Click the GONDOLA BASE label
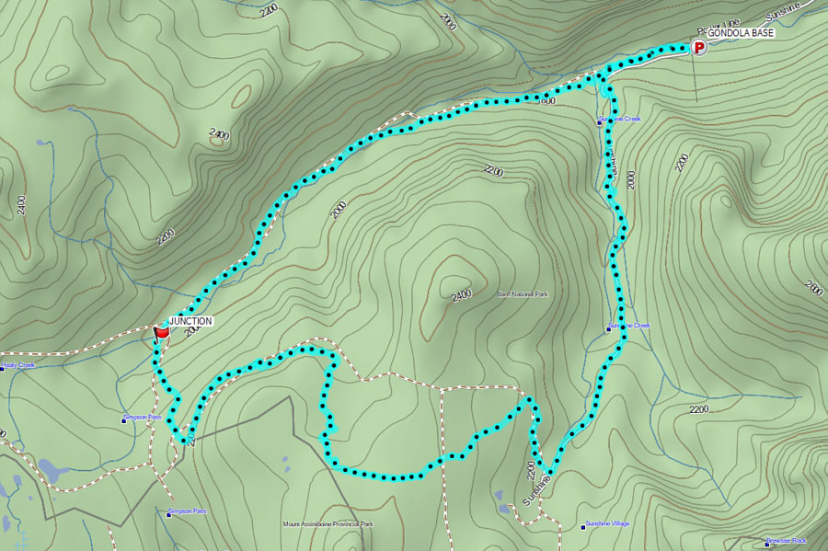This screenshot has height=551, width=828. click(742, 33)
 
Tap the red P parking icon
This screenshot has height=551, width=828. click(699, 47)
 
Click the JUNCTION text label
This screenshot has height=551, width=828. click(191, 321)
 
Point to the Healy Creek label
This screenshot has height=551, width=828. click(19, 365)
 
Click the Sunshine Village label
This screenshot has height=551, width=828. click(609, 524)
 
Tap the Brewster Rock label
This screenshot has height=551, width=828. click(788, 541)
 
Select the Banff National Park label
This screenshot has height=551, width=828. click(523, 294)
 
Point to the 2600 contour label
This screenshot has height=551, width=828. click(813, 288)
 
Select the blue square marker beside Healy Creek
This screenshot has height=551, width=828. click(2, 365)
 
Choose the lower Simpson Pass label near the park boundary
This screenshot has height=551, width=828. click(189, 511)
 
